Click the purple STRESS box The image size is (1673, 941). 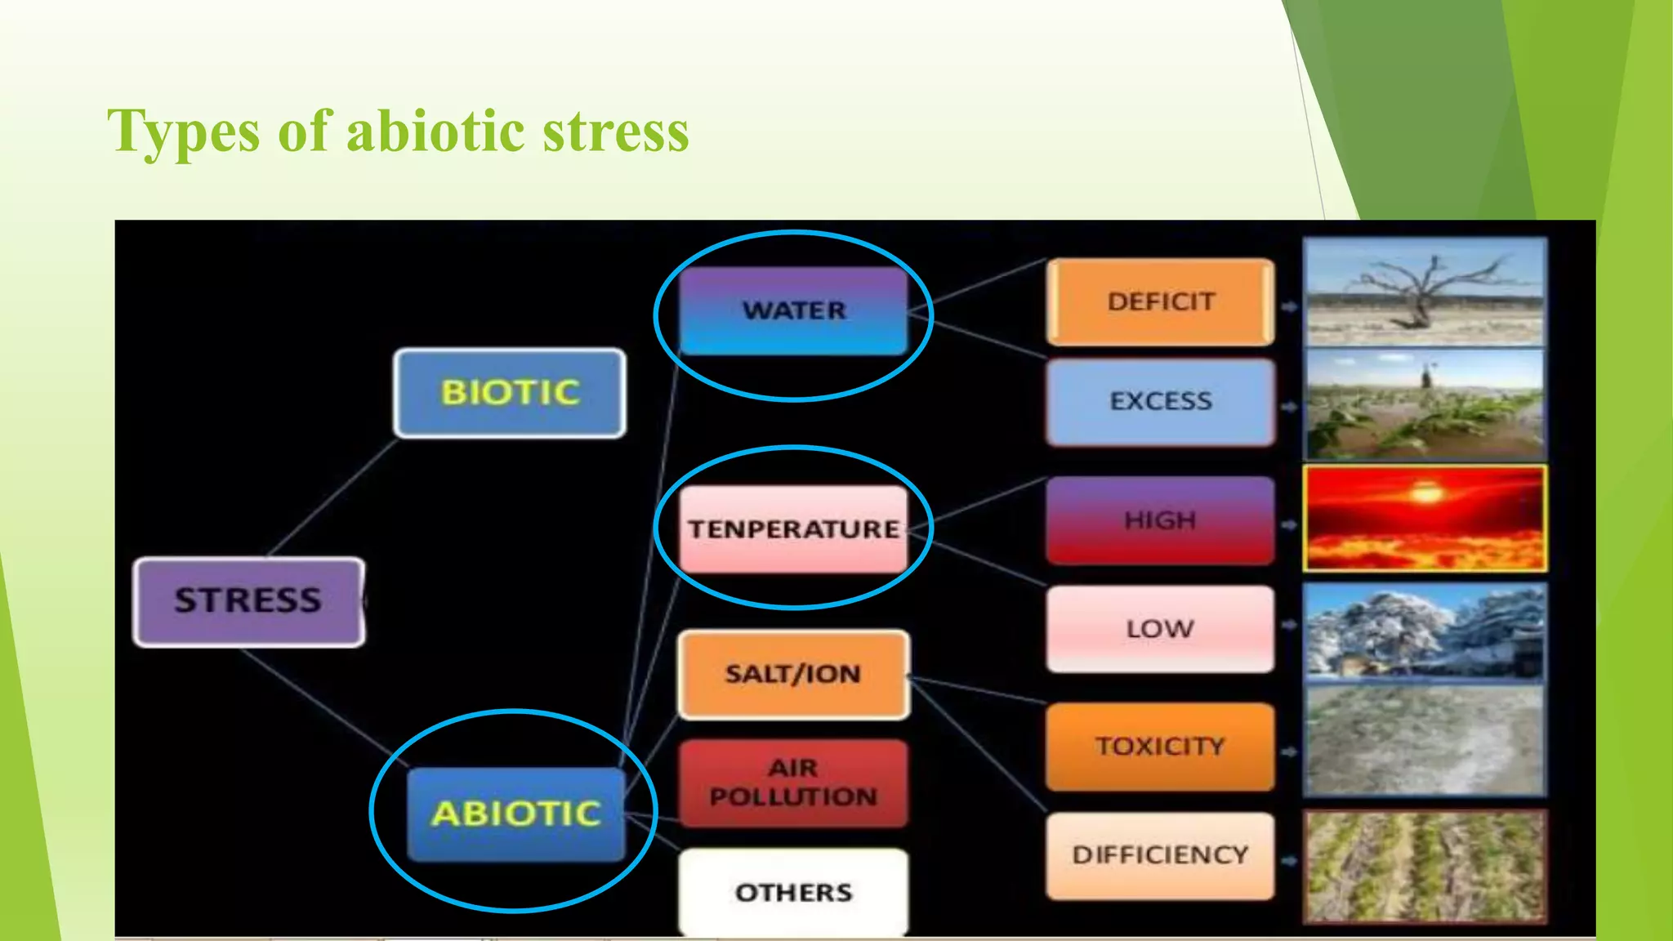coord(248,601)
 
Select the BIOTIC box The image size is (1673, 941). coord(510,393)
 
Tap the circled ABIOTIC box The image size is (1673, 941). coord(516,814)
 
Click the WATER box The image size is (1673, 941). coord(793,310)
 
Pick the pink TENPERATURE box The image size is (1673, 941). coord(793,528)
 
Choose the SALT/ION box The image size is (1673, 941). coord(793,674)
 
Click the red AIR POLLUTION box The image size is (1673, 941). coord(793,783)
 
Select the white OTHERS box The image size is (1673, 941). coord(793,892)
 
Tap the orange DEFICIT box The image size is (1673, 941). coord(1160,301)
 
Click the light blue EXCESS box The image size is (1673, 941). coord(1160,401)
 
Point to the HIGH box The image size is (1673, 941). coord(1160,520)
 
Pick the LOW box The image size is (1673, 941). coord(1160,629)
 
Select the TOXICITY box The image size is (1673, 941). coord(1160,746)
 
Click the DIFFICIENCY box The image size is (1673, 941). coord(1160,854)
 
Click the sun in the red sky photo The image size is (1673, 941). coord(1426,493)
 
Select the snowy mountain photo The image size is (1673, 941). coord(1425,631)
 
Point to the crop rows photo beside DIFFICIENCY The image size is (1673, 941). coord(1425,866)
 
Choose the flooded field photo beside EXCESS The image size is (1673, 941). coord(1425,404)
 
